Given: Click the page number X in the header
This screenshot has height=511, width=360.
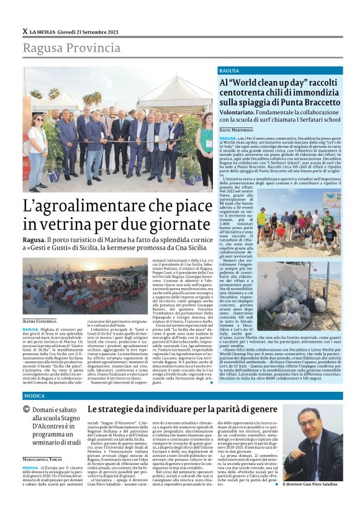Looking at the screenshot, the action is [24, 31].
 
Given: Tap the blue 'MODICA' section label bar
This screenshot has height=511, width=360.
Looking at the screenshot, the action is [180, 396].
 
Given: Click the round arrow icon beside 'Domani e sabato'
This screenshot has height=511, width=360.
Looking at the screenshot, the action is [27, 409].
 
